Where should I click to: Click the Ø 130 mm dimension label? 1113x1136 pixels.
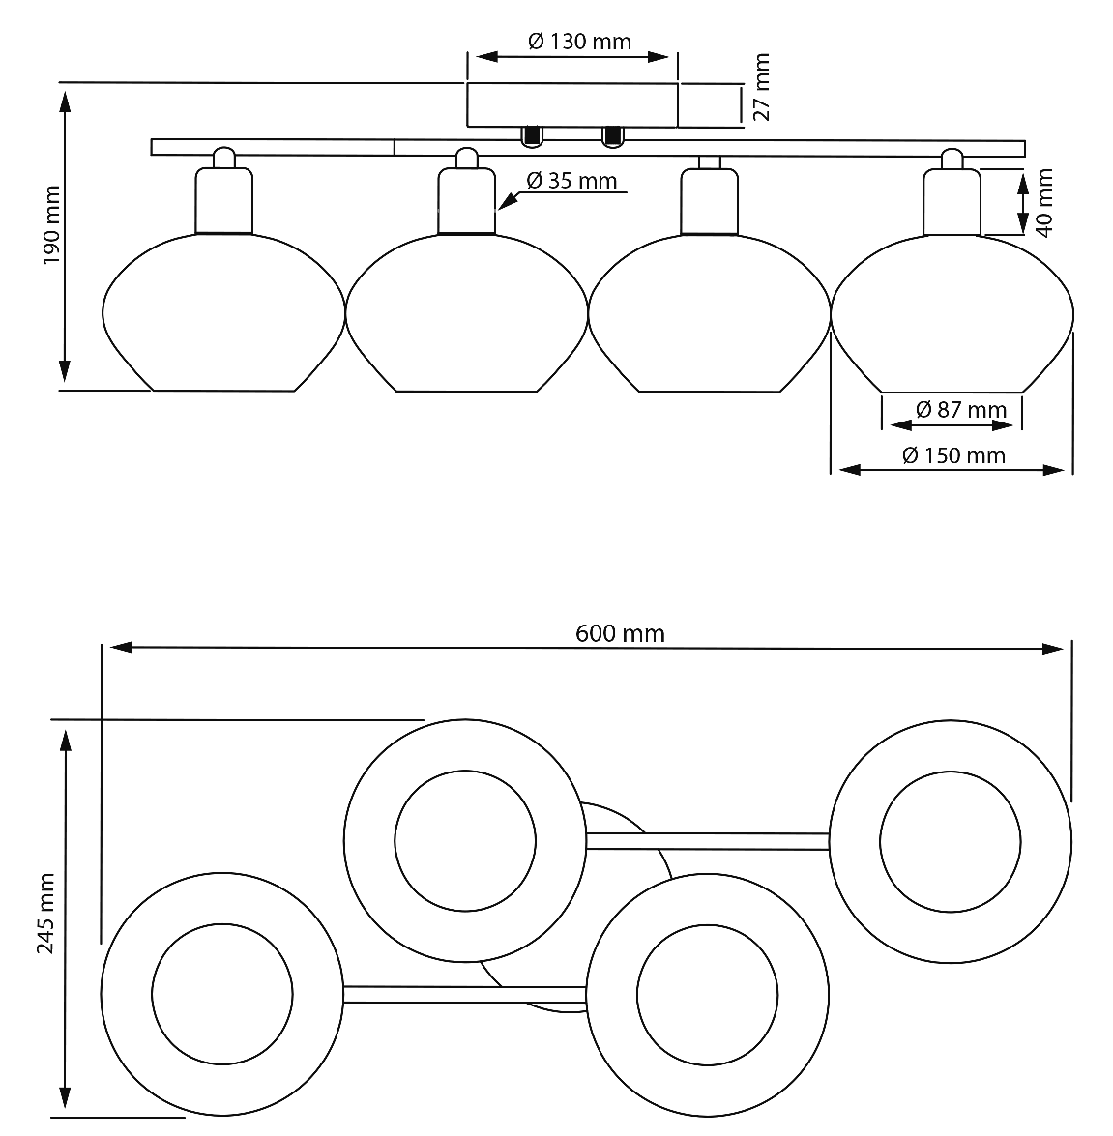coord(579,42)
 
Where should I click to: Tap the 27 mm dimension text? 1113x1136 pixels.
coord(761,87)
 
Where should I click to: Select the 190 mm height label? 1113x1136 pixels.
coord(51,224)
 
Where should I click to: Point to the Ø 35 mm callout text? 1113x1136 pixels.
coord(571,181)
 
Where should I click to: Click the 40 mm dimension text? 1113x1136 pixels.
coord(1043,203)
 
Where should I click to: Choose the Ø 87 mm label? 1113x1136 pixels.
coord(961,410)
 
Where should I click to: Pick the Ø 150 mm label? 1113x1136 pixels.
coord(953,455)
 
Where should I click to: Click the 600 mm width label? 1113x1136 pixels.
coord(620,634)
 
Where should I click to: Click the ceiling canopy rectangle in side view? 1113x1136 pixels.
coord(572,105)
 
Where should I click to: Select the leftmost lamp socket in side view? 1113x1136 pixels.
coord(224,201)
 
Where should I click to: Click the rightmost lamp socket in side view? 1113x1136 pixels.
coord(952,201)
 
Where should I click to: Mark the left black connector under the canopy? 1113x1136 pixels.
coord(532,137)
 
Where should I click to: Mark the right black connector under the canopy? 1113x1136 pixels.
coord(613,137)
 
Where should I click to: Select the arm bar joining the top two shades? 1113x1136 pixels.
coord(707,841)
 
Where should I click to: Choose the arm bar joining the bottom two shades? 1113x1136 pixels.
coord(464,995)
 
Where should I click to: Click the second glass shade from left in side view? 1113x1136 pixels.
coord(467,312)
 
